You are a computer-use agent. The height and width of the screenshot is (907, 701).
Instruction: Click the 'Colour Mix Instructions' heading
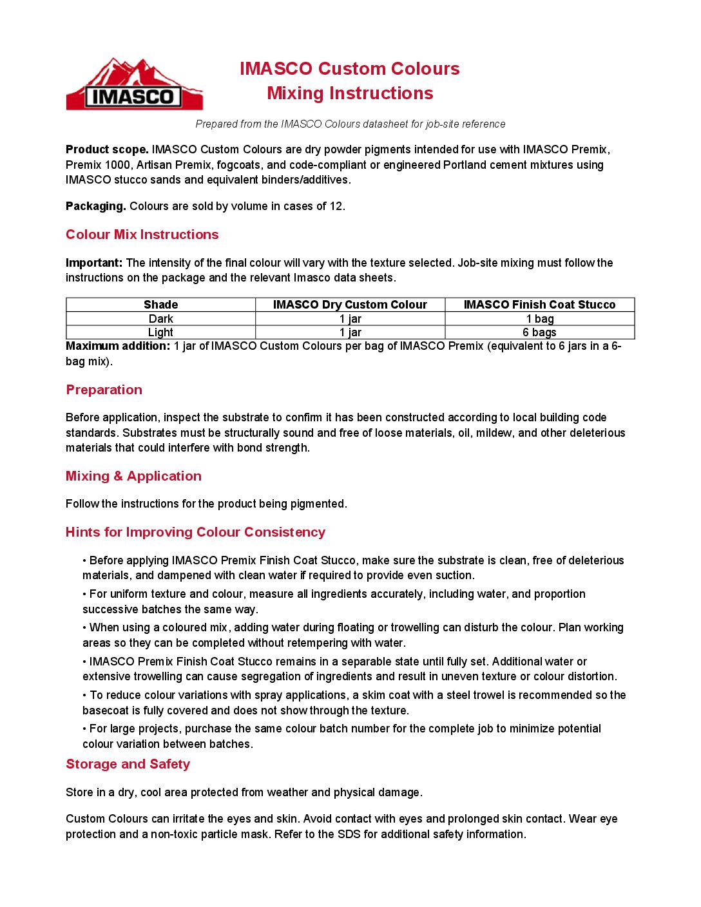pyautogui.click(x=142, y=234)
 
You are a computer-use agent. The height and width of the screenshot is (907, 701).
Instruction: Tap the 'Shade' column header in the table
pyautogui.click(x=160, y=305)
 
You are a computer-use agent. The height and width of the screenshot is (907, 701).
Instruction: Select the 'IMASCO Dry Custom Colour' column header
pyautogui.click(x=350, y=305)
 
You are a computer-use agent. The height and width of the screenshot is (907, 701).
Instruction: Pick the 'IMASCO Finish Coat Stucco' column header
pyautogui.click(x=539, y=305)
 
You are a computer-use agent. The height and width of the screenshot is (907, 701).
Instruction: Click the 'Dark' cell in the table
pyautogui.click(x=160, y=319)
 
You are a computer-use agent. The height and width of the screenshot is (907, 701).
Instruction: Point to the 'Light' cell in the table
pyautogui.click(x=160, y=332)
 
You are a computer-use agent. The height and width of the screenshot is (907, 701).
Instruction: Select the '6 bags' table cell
pyautogui.click(x=539, y=332)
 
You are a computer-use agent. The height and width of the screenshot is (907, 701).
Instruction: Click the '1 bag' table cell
pyautogui.click(x=539, y=319)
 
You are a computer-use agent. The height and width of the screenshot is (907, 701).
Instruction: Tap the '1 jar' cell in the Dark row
pyautogui.click(x=350, y=319)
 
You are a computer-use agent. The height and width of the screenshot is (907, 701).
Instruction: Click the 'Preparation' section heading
pyautogui.click(x=104, y=390)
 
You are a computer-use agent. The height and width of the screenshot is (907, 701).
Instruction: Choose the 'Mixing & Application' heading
pyautogui.click(x=133, y=476)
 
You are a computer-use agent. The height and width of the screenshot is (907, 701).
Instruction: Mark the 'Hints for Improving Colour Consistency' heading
pyautogui.click(x=195, y=532)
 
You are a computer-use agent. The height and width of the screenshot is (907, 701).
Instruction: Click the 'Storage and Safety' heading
pyautogui.click(x=128, y=764)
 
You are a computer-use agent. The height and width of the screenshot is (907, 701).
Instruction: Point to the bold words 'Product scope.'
pyautogui.click(x=107, y=149)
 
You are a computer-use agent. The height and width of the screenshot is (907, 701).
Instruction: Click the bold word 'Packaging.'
pyautogui.click(x=95, y=206)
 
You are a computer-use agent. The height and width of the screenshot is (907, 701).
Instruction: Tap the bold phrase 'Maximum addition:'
pyautogui.click(x=118, y=346)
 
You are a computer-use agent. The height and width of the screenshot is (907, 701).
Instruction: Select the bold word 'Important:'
pyautogui.click(x=94, y=263)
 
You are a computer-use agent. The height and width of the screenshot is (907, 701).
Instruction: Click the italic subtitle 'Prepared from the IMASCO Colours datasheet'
pyautogui.click(x=350, y=124)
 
